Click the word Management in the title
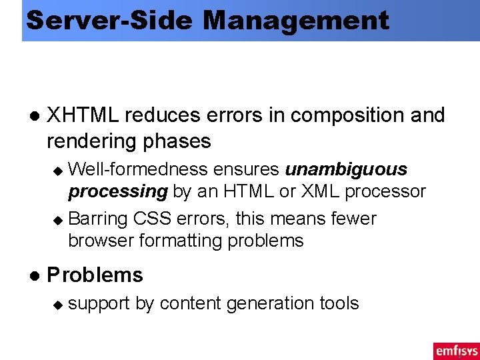[x=296, y=21]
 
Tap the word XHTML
[x=83, y=115]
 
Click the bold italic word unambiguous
[x=346, y=169]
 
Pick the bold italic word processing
[x=118, y=192]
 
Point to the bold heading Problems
[x=95, y=275]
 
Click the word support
[x=99, y=304]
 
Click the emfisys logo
[x=455, y=351]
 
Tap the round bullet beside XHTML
[x=34, y=116]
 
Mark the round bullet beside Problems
[x=34, y=275]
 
